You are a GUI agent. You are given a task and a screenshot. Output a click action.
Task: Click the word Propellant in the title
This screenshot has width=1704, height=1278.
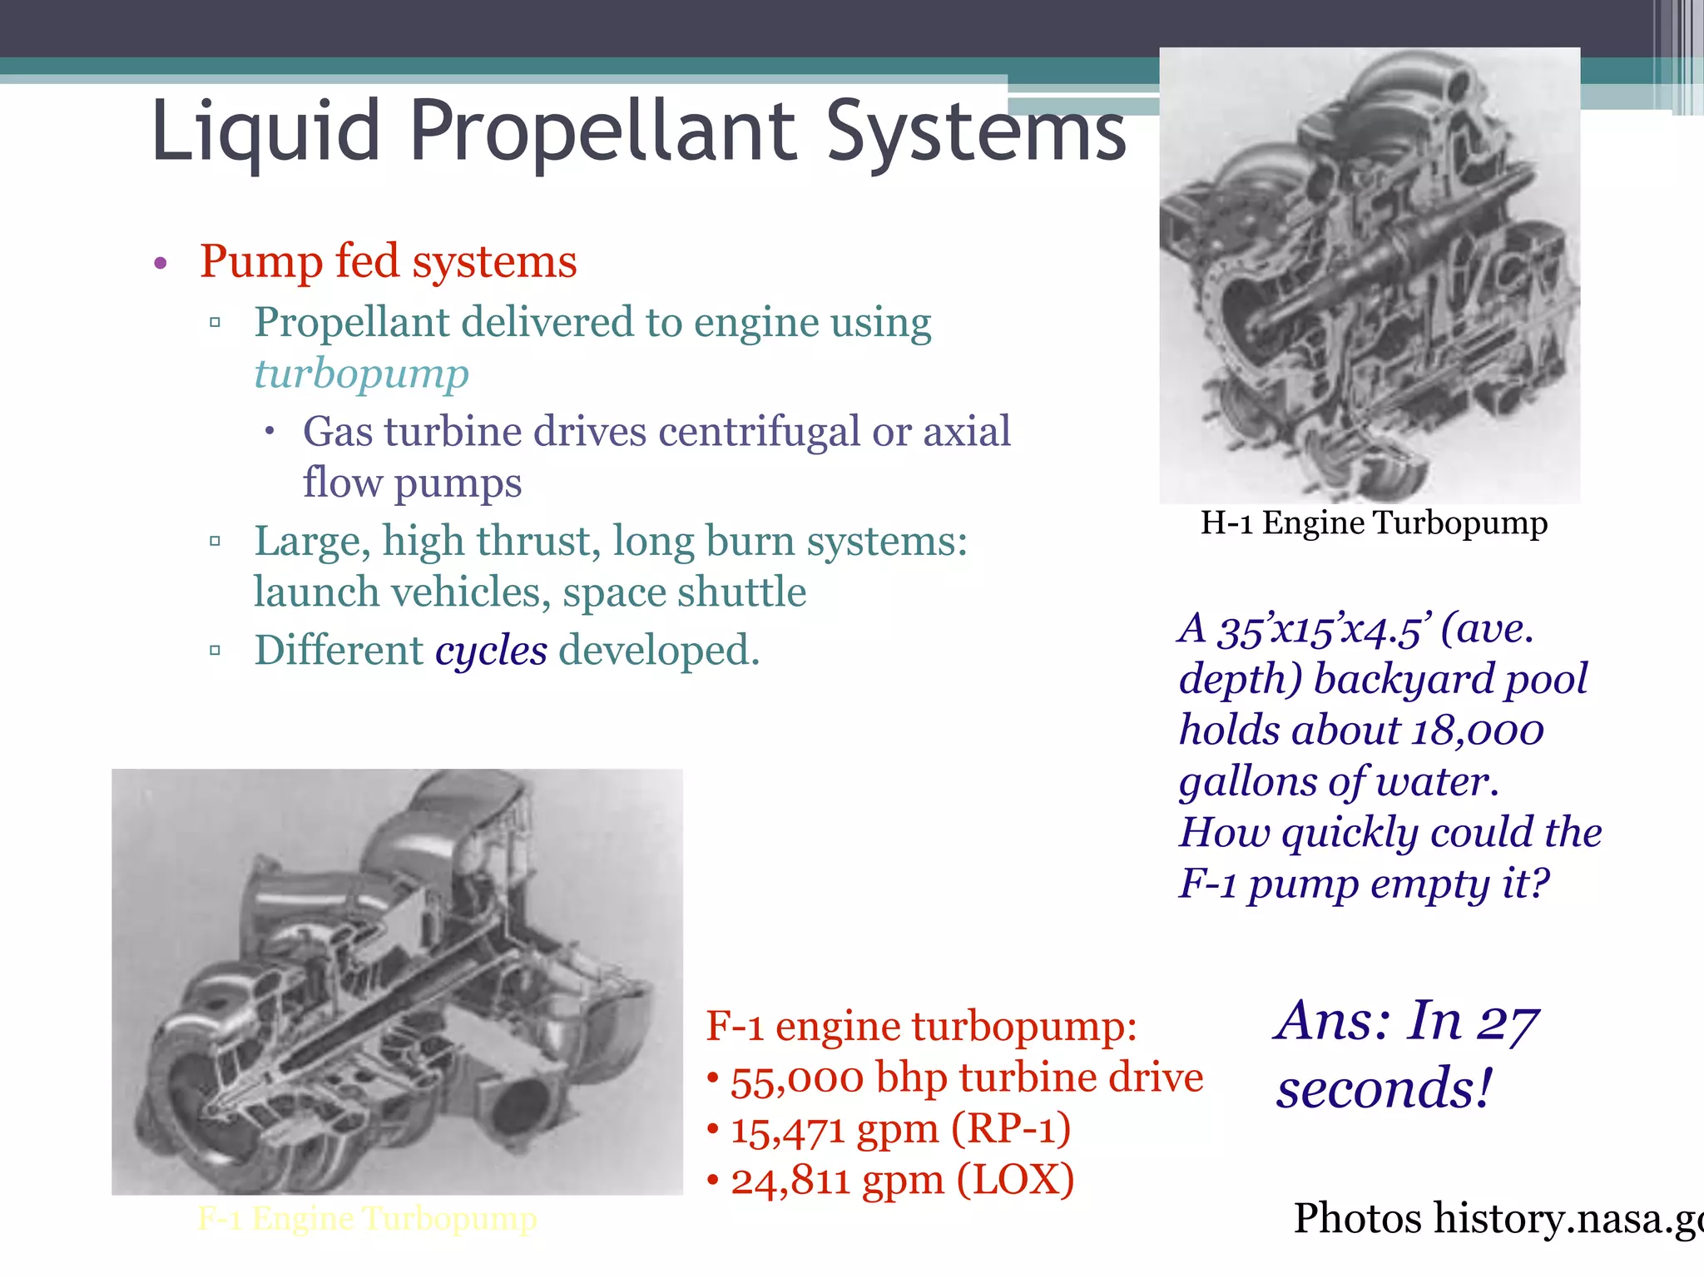[602, 131]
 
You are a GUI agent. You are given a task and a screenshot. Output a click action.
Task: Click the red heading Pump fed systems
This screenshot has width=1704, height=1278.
[388, 261]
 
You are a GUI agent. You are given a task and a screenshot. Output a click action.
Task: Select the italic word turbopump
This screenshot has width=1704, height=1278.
[361, 374]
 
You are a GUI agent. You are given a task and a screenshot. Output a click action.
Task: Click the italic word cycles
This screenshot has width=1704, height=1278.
[491, 651]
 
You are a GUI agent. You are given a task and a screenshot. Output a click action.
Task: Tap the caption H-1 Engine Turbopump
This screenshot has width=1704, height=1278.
[1373, 523]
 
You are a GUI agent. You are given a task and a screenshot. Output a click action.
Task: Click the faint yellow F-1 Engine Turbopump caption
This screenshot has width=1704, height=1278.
[367, 1219]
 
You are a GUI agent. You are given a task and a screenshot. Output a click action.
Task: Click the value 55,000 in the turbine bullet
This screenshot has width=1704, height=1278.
[796, 1079]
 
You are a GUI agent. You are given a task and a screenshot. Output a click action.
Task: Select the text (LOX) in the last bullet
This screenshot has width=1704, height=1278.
[1014, 1181]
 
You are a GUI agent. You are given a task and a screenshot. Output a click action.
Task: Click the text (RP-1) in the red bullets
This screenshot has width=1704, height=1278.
[1010, 1130]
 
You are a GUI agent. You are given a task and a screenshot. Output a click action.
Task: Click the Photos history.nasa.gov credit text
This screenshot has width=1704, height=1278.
[1498, 1219]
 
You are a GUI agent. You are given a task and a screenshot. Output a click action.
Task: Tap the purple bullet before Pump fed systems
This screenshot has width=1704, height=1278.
[161, 264]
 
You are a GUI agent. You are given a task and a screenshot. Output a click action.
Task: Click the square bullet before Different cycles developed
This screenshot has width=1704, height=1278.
[215, 651]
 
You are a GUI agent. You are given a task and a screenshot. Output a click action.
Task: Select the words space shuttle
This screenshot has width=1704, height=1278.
[684, 592]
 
